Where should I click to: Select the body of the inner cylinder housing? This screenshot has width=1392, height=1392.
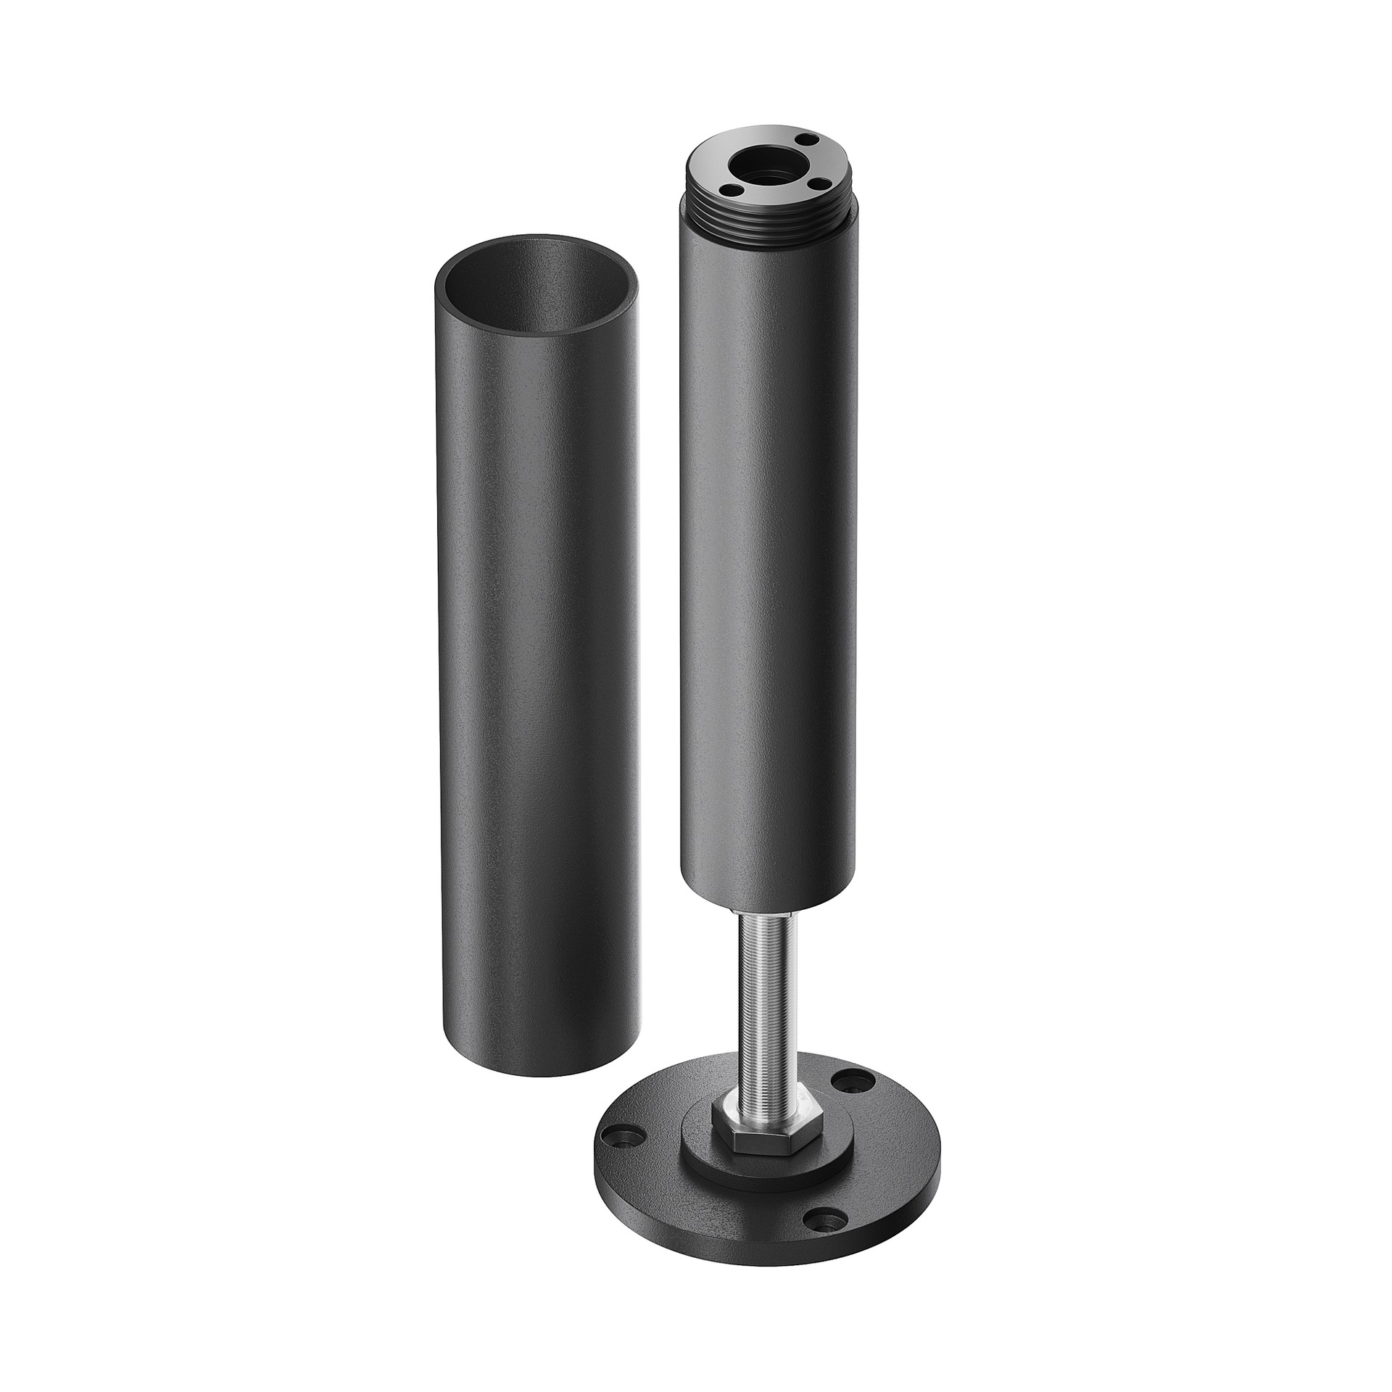[x=768, y=544]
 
